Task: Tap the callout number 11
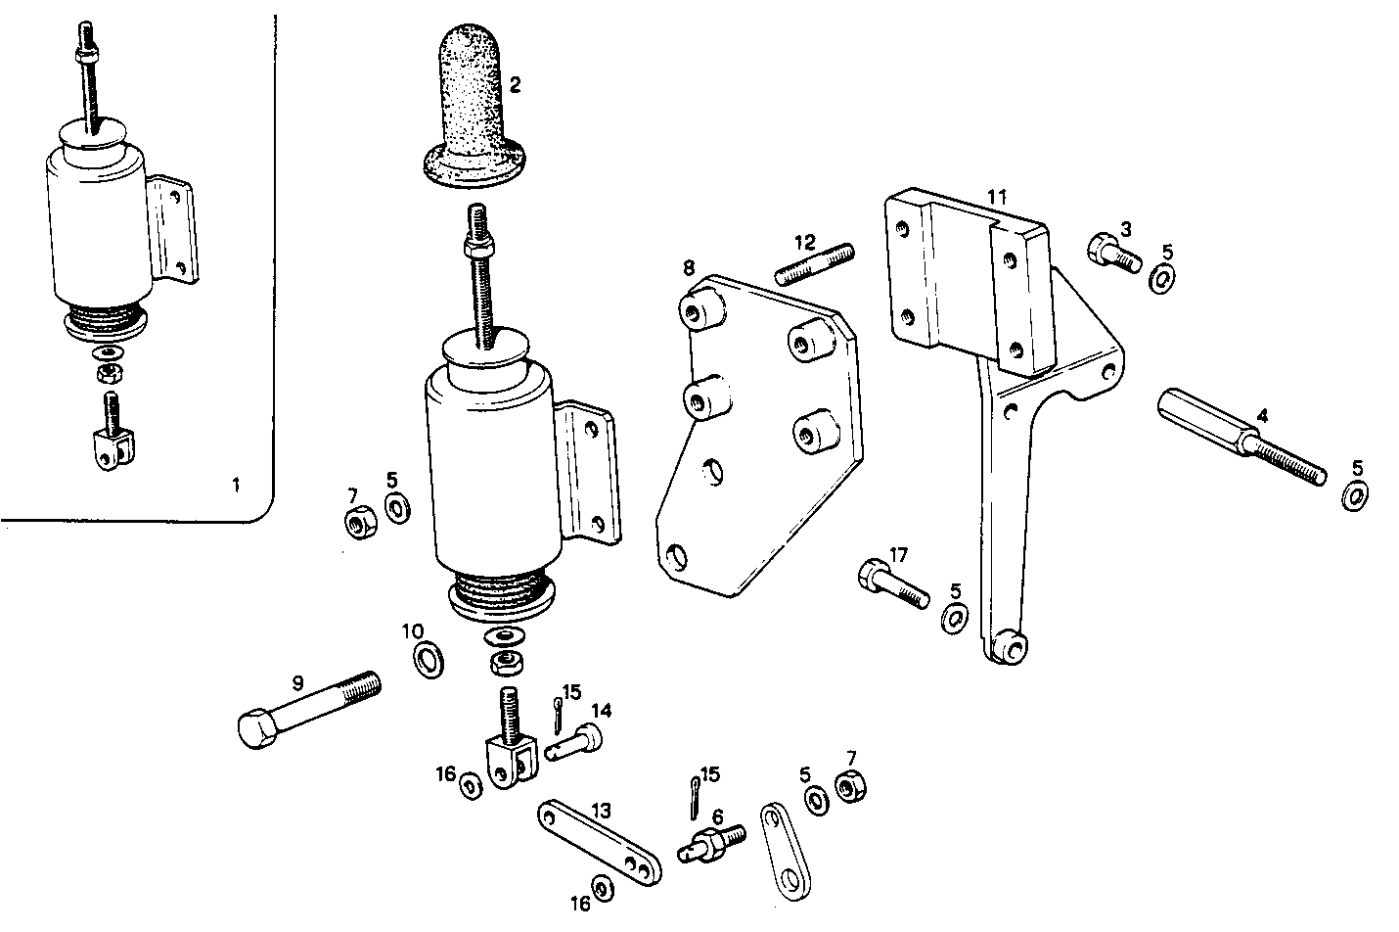click(x=996, y=197)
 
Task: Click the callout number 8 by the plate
click(x=689, y=266)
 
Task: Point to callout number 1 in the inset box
click(x=234, y=485)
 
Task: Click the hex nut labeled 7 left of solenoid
click(x=357, y=523)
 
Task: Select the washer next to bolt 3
click(x=1163, y=279)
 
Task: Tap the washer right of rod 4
click(x=1355, y=496)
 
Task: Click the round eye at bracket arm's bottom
click(x=1009, y=645)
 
